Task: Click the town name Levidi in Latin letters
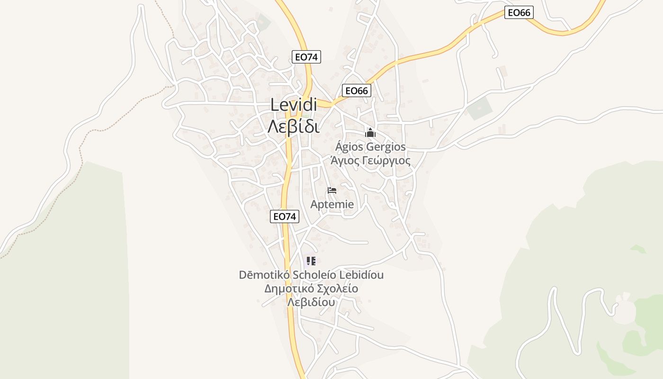coord(294,105)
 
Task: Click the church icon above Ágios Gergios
coord(370,133)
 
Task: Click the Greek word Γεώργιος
coord(386,161)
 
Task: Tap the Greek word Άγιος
coord(344,161)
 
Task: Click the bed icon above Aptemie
coord(332,190)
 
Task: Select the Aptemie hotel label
coord(332,205)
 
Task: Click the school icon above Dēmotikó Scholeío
coord(311,261)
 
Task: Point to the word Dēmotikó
coord(264,275)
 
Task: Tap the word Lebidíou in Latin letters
coord(361,275)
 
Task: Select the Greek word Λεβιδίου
coord(311,302)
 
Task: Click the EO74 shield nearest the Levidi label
coord(306,57)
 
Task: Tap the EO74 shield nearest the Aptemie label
coord(285,217)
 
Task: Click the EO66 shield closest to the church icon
coord(357,90)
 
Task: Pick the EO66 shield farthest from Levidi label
coord(519,13)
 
